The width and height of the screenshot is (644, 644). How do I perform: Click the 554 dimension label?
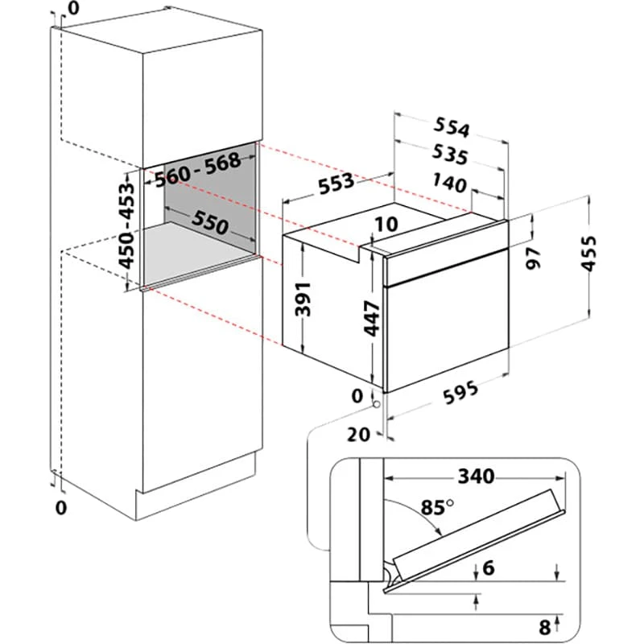tap(452, 127)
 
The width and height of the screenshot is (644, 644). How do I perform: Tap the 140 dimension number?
tap(449, 184)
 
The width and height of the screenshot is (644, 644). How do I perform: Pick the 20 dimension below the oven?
tap(360, 434)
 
